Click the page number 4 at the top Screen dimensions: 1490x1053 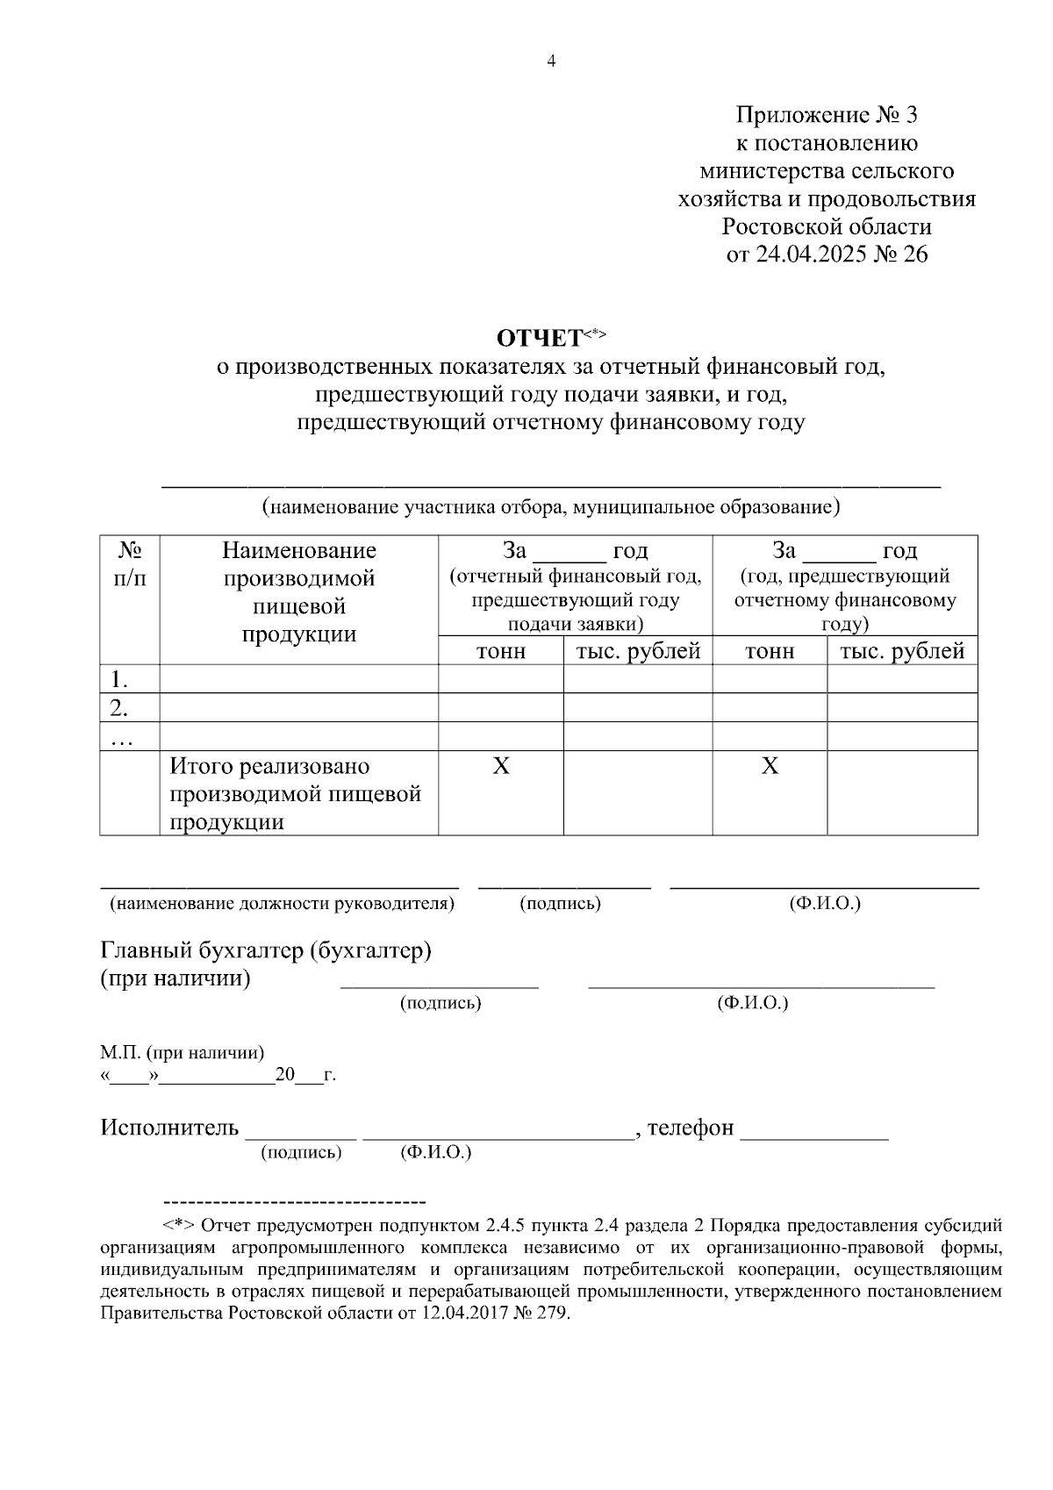551,61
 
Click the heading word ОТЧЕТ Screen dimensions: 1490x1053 540,339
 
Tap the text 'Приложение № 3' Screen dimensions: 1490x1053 827,115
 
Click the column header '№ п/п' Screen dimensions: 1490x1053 130,563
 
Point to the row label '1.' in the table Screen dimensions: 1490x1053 119,679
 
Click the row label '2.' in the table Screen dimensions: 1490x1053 119,707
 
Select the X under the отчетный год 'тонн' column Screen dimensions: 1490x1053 500,766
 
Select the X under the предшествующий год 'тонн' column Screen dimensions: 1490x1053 770,766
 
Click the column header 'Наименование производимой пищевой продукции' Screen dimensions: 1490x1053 298,591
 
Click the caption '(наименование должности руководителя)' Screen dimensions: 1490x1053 281,904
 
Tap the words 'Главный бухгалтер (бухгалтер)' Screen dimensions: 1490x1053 266,950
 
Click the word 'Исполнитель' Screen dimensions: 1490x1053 169,1128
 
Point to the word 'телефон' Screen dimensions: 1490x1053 690,1128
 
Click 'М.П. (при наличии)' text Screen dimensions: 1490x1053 182,1052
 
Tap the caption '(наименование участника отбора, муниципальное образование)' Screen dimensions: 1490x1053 550,507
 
